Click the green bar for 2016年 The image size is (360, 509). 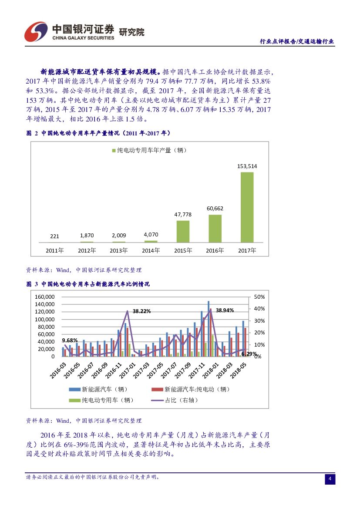tap(215, 228)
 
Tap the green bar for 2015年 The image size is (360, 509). tap(183, 231)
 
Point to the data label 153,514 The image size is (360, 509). tap(247, 166)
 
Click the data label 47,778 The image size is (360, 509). tap(183, 214)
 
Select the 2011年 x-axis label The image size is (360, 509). tap(55, 250)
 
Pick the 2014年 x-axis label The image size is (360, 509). tap(151, 250)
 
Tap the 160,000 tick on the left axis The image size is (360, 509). tap(45, 297)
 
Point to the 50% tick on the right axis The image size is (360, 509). tap(259, 297)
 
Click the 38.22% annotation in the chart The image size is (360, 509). tap(142, 311)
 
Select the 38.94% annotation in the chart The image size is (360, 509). tap(225, 310)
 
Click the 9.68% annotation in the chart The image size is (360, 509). tap(70, 340)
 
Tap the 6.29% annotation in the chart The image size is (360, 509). tap(249, 354)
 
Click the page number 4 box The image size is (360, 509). tap(330, 479)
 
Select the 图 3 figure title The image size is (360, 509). tap(88, 284)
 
